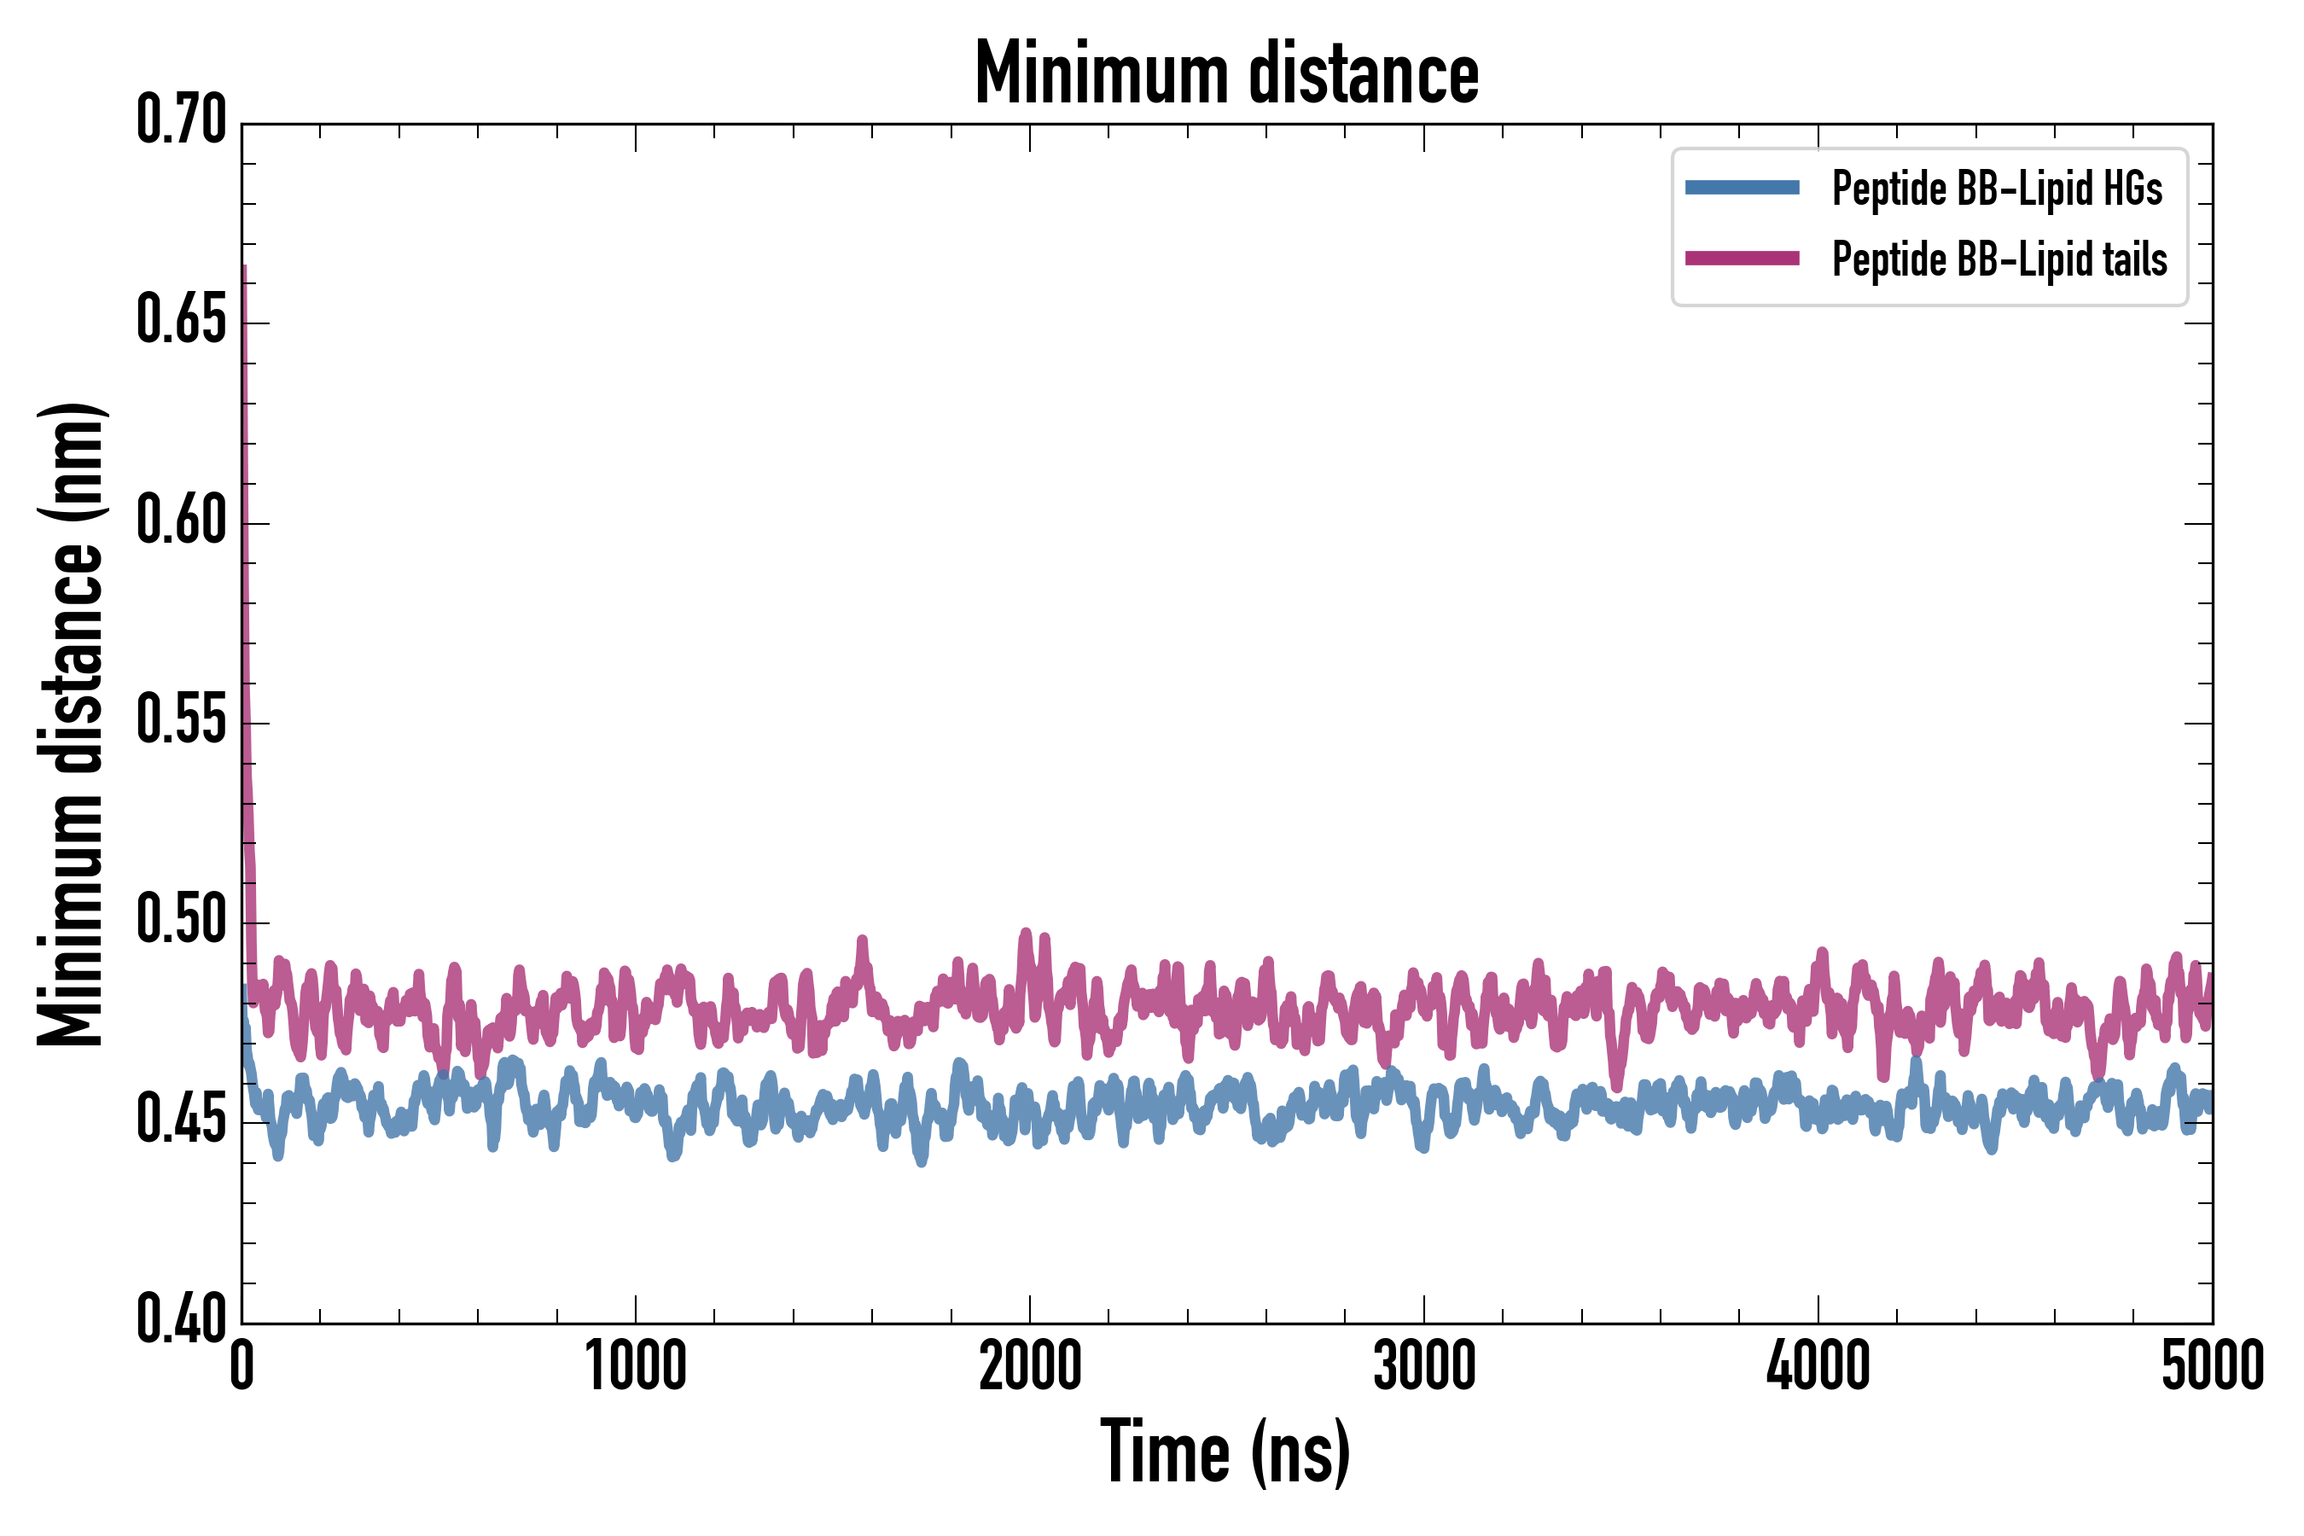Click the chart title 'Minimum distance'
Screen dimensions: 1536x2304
[1226, 73]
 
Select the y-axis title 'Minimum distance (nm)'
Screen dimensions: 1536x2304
[71, 724]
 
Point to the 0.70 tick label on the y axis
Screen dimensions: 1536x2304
[181, 120]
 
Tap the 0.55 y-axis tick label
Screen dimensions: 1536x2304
[181, 721]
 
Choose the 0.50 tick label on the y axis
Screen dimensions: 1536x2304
[181, 921]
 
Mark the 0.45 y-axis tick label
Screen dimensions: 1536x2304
[181, 1120]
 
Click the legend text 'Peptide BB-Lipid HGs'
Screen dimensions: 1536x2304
[1997, 188]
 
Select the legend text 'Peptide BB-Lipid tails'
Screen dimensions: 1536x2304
[1999, 259]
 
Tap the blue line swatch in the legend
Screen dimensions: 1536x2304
[1742, 188]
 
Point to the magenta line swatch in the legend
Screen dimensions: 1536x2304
[1742, 259]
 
